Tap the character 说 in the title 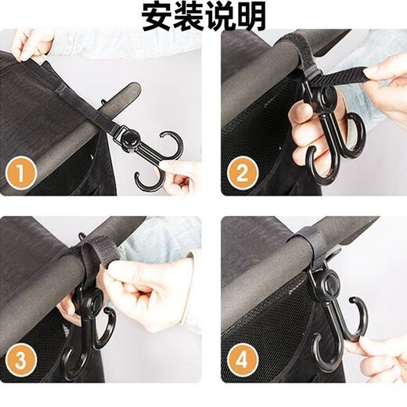(x=220, y=16)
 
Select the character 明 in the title (x=251, y=16)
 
